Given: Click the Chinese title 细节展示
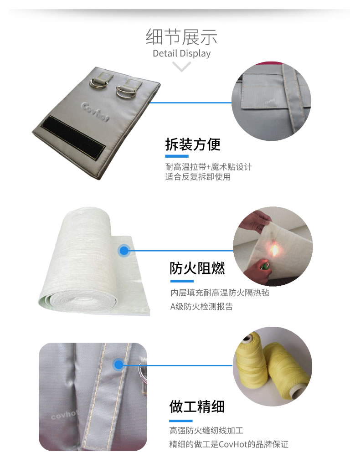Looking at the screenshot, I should click(x=181, y=36).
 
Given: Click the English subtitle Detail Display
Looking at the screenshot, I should click(x=181, y=53).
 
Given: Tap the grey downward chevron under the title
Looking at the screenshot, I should click(x=182, y=67).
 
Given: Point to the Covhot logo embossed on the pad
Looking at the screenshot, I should click(x=95, y=109).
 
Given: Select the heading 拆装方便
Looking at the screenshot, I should click(x=192, y=144).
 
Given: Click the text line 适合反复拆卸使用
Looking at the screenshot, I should click(x=198, y=177).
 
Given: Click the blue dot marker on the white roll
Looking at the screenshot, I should click(x=123, y=250).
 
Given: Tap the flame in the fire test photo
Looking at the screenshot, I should click(x=275, y=249).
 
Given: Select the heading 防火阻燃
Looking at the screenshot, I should click(x=197, y=268).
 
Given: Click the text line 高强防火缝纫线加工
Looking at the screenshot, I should click(x=207, y=430).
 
